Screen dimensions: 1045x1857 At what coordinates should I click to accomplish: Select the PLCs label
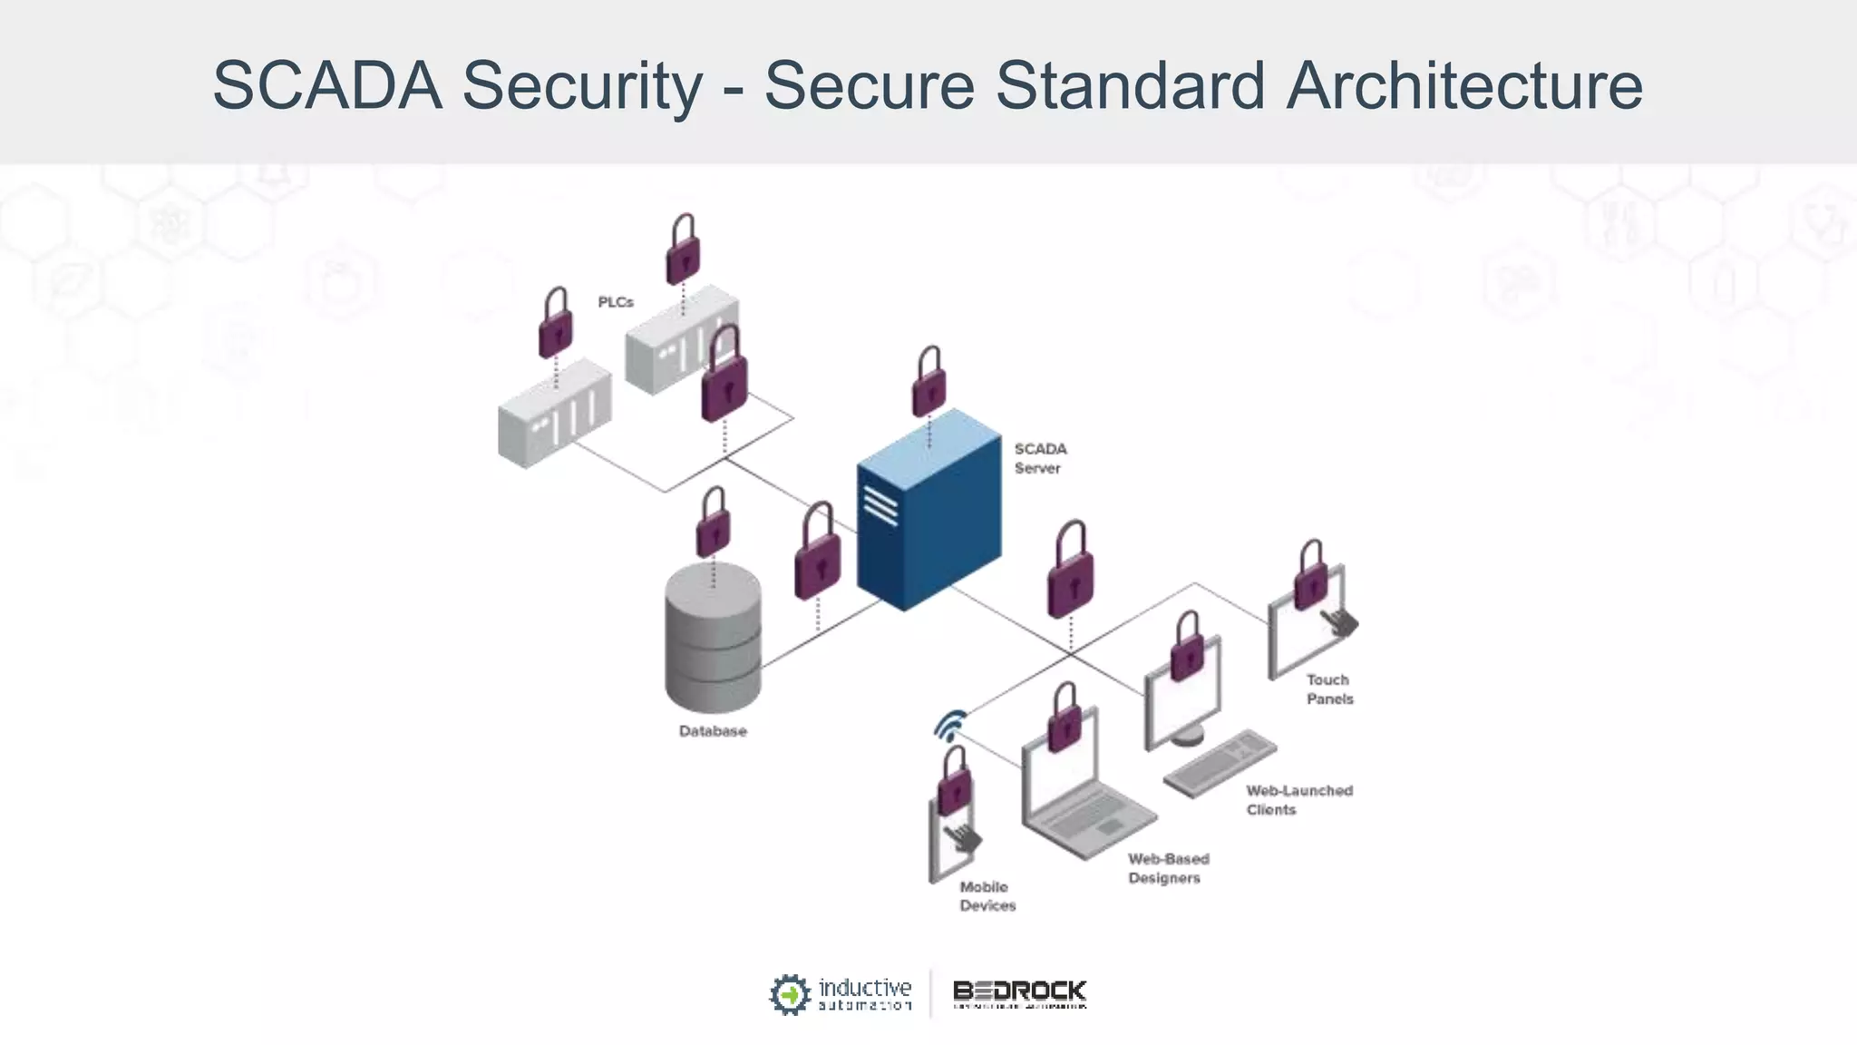tap(616, 302)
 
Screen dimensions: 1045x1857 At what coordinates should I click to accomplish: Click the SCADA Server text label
tap(1040, 458)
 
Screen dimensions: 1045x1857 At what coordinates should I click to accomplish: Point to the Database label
tap(713, 731)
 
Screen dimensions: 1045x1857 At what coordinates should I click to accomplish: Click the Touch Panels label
tap(1329, 689)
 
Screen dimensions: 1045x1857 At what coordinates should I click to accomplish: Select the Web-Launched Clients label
tap(1298, 800)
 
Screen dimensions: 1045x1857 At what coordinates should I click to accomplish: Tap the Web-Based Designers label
tap(1168, 868)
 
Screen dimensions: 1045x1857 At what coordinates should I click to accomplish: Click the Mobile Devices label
tap(987, 896)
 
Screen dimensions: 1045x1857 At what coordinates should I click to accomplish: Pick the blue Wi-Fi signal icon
tap(949, 726)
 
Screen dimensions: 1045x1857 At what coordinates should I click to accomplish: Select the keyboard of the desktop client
tap(1220, 761)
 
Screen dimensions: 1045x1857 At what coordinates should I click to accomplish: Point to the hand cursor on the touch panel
tap(1339, 622)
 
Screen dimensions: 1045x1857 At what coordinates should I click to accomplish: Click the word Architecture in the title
tap(1463, 85)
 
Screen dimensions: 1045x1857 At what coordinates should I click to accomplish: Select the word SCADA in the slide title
tap(327, 85)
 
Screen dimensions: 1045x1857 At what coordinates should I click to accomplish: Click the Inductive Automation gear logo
tap(789, 994)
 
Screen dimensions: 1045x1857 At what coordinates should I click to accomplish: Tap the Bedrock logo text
tap(1019, 991)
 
